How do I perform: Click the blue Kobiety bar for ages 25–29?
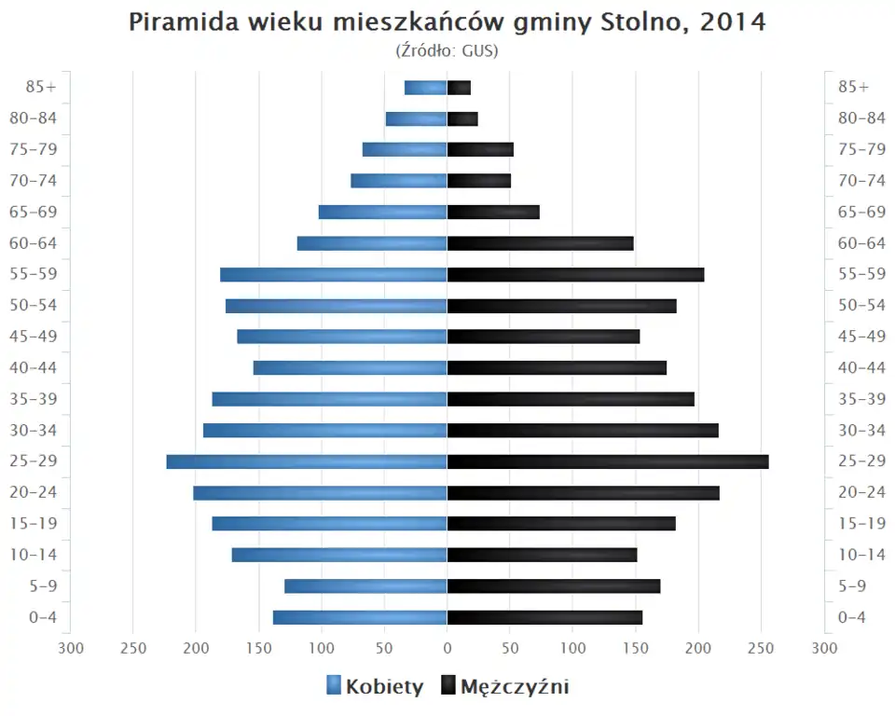[x=307, y=461]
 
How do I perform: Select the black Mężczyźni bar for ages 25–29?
[x=608, y=461]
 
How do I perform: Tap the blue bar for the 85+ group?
[x=425, y=88]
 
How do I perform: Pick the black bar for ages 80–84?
[x=462, y=118]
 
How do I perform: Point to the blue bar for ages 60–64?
[x=372, y=243]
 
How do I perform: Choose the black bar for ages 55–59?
[x=575, y=274]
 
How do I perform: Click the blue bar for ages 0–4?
[x=360, y=617]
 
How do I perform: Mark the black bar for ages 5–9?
[x=554, y=585]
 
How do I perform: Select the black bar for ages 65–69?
[x=493, y=212]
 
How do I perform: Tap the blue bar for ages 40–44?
[x=350, y=367]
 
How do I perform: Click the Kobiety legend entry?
[x=375, y=687]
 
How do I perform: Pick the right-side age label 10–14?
[x=861, y=555]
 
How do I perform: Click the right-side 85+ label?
[x=853, y=87]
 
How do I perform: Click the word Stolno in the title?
[x=635, y=22]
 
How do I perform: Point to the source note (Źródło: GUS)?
[x=447, y=50]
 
